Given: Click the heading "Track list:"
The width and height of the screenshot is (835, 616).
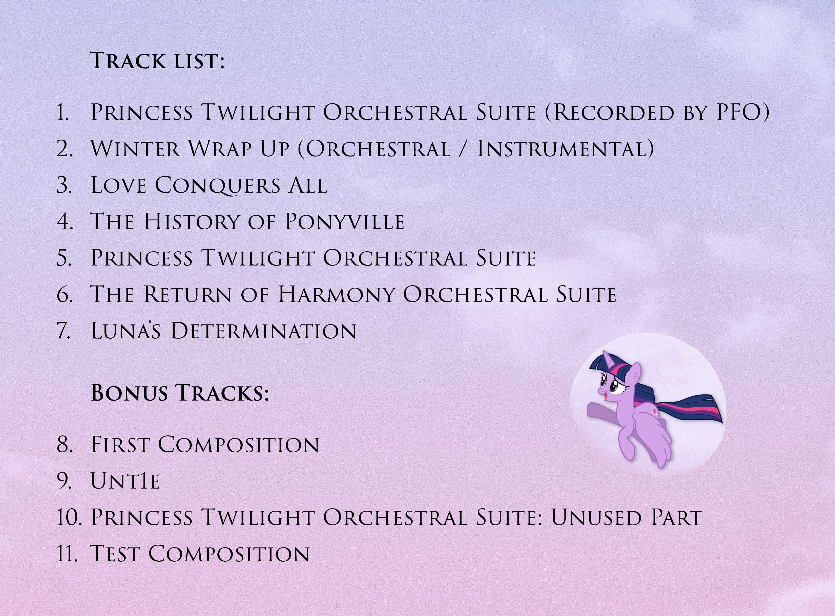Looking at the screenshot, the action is [x=157, y=61].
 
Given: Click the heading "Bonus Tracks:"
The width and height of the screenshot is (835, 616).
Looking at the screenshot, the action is [x=180, y=393].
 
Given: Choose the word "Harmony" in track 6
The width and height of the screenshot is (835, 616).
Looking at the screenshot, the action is [x=337, y=294].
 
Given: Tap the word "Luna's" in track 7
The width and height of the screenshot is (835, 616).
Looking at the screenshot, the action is [x=126, y=331].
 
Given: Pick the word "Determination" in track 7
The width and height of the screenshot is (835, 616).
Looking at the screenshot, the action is [x=263, y=331].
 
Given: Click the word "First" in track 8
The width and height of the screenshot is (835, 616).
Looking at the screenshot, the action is [x=120, y=445].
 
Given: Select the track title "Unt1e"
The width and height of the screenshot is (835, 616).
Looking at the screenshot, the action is [x=125, y=481].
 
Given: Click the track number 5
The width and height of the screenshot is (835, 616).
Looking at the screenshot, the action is [x=64, y=258].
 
